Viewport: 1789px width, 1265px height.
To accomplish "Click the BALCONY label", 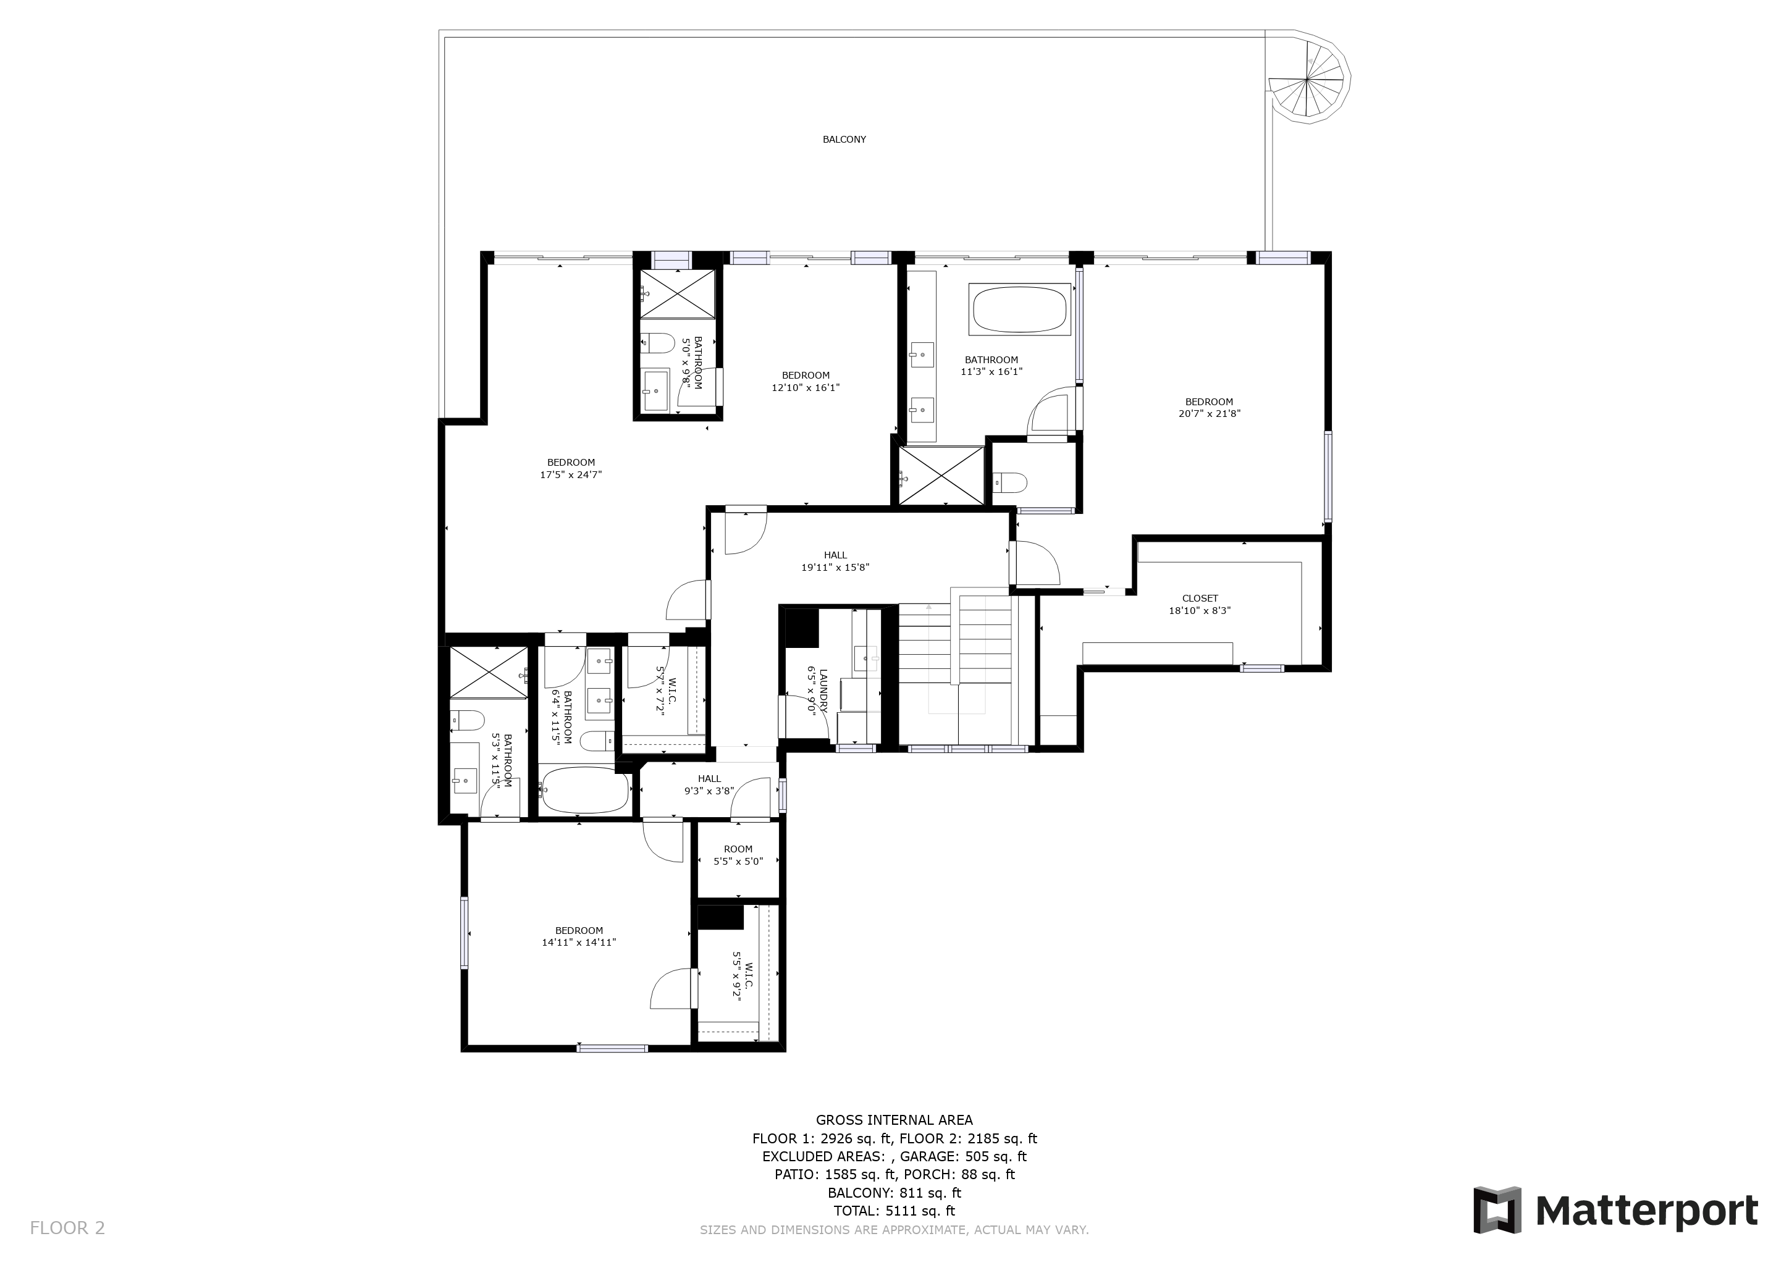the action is click(844, 140).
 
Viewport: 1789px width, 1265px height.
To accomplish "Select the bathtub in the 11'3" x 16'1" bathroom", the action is click(1019, 310).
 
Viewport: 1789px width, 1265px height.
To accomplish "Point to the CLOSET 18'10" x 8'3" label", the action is click(1200, 605).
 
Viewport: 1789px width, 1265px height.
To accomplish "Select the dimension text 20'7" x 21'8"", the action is click(1210, 414).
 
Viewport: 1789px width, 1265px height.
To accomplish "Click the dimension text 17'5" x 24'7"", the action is click(571, 474).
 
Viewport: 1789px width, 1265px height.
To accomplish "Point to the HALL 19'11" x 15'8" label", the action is click(835, 561).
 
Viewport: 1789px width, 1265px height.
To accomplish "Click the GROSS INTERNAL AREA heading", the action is click(894, 1120).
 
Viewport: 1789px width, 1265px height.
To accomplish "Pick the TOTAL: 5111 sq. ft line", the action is click(894, 1211).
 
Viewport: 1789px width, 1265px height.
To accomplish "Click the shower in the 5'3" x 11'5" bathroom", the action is click(489, 672).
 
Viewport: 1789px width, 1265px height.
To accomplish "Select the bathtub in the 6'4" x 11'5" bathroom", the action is click(584, 790).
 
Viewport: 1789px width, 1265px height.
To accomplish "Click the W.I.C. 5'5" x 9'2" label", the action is click(742, 973).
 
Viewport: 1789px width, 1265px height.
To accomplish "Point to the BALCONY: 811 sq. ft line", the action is click(894, 1193).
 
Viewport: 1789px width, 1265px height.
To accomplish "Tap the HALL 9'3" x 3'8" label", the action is click(709, 784).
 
